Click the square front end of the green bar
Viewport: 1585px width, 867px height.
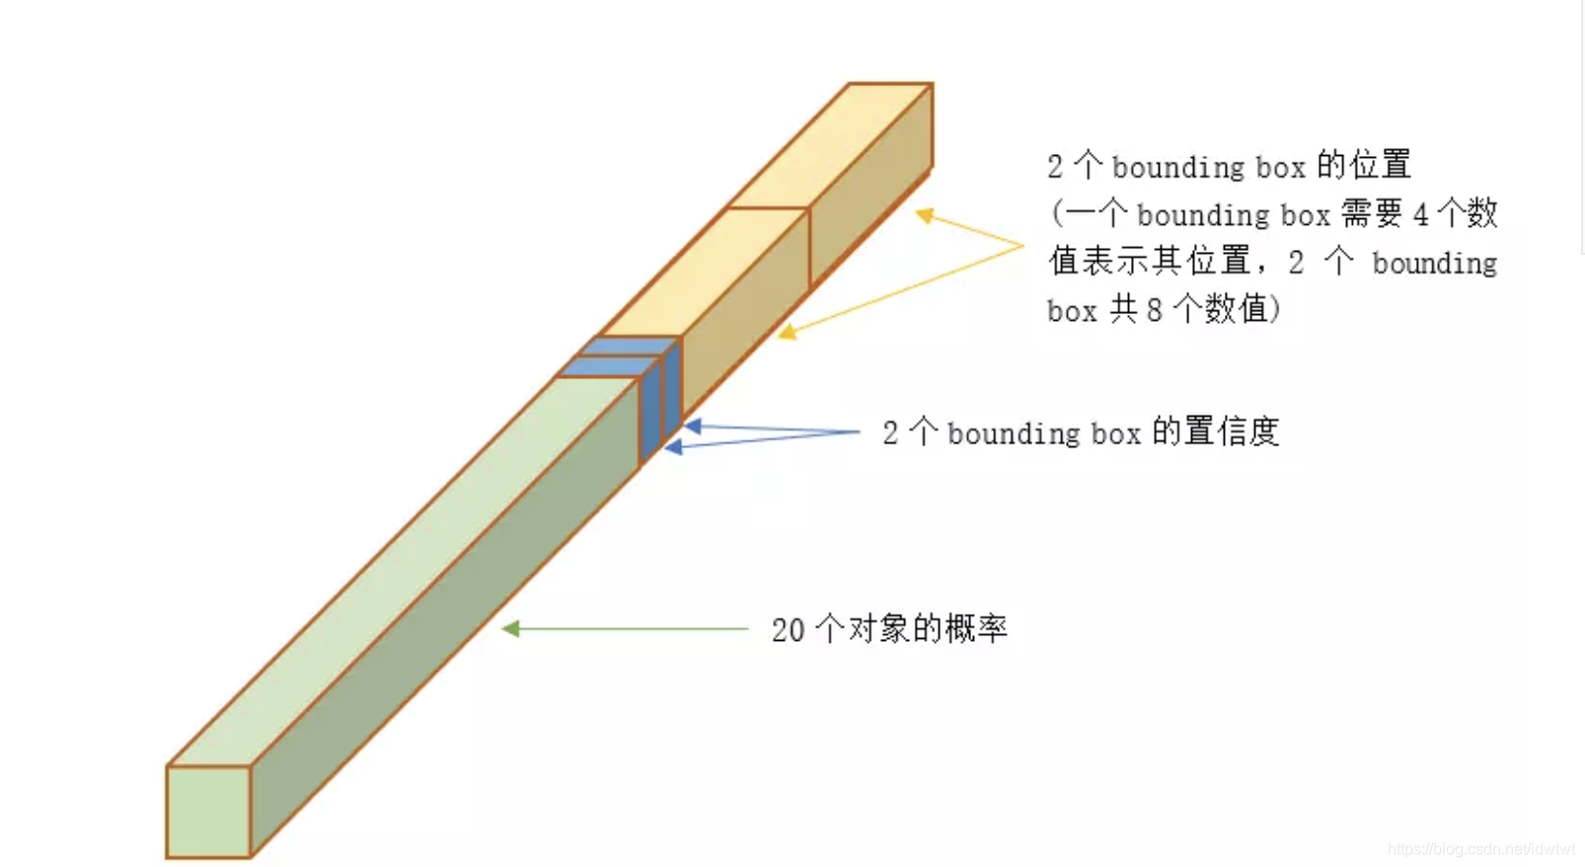208,811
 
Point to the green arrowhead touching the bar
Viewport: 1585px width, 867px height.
510,628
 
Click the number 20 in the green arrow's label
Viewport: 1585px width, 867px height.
788,630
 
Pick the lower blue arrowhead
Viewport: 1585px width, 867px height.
673,447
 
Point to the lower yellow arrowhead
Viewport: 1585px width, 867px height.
787,333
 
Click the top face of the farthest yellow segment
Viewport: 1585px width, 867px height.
829,146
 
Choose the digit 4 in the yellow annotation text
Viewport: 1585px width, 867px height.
1420,214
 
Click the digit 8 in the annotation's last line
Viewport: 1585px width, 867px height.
1154,310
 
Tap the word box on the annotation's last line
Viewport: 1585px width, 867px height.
1072,311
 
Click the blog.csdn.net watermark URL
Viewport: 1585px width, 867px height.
1480,849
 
